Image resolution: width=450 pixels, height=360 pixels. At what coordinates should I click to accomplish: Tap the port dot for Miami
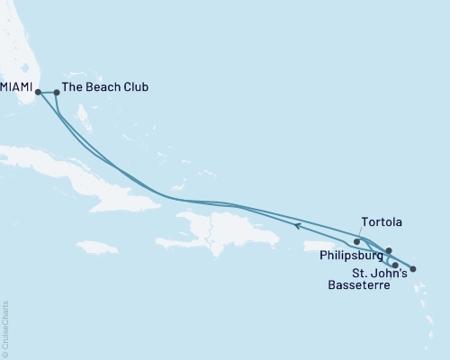point(38,91)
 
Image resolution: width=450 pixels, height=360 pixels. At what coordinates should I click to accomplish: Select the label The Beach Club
point(106,89)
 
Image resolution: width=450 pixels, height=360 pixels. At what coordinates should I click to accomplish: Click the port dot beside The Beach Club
point(57,92)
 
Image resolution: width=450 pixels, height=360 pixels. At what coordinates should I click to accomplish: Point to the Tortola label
point(381,221)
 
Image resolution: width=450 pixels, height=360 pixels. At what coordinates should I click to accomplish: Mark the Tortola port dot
point(357,241)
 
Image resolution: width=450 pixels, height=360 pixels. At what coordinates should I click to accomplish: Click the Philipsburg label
point(349,255)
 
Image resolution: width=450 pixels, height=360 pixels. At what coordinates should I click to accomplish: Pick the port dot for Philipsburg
point(389,251)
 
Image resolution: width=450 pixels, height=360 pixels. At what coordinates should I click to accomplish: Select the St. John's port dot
point(413,268)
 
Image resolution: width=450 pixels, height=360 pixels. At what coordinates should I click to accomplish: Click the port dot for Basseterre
point(395,265)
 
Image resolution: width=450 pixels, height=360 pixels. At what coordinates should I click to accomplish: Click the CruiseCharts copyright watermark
point(6,328)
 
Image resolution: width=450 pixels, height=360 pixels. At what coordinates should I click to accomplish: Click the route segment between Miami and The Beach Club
point(47,91)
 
